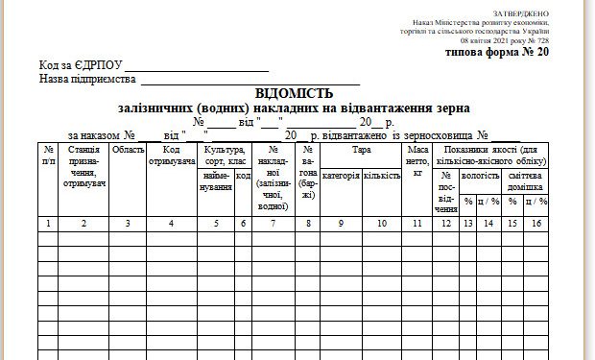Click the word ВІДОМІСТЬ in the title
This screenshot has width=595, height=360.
click(295, 94)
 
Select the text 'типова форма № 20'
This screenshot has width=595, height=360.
click(498, 53)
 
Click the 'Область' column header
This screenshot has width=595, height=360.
click(128, 151)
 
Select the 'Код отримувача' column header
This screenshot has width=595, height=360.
click(171, 156)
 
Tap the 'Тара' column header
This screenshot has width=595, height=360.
click(361, 151)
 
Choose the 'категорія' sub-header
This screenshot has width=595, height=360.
click(341, 177)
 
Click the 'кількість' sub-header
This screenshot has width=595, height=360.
click(381, 177)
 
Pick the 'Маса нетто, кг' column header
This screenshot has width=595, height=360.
click(417, 162)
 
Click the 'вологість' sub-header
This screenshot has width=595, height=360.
click(480, 177)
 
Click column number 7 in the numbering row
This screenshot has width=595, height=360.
click(274, 224)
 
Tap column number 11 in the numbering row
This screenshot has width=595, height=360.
click(417, 224)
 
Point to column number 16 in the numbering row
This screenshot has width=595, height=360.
click(538, 224)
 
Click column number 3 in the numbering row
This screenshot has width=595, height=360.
click(128, 224)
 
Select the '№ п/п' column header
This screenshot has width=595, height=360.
click(48, 156)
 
